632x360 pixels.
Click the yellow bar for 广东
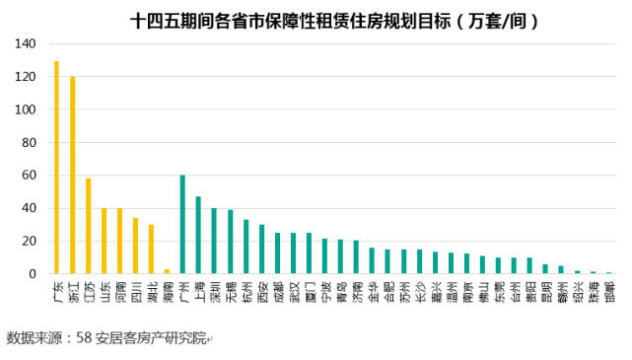(x=56, y=168)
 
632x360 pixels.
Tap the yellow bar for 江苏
(x=88, y=226)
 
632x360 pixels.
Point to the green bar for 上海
(x=198, y=235)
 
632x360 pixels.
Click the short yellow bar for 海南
(x=167, y=271)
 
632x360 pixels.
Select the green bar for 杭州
(x=246, y=247)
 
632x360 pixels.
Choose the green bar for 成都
(x=277, y=253)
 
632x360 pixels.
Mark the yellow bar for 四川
(x=135, y=246)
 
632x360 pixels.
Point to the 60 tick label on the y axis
(x=29, y=176)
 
